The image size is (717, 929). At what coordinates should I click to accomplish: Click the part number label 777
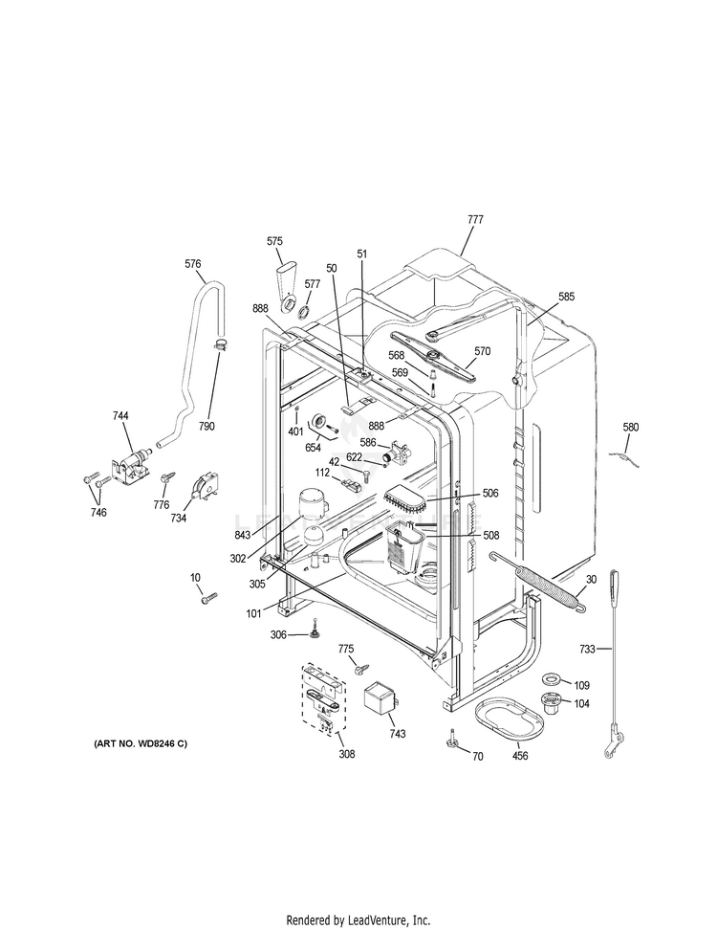point(475,219)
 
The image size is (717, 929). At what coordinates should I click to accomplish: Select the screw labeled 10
point(209,597)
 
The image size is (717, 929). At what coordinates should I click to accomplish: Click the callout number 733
point(588,650)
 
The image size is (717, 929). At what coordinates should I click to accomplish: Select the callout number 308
point(346,754)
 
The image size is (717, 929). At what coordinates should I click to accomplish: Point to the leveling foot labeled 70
point(452,739)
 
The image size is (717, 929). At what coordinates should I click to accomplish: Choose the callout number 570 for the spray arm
point(483,351)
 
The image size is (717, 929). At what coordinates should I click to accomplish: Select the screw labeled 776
point(166,476)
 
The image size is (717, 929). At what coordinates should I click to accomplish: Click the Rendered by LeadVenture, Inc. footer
point(358,919)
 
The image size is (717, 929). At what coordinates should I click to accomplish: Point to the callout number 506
point(490,493)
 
